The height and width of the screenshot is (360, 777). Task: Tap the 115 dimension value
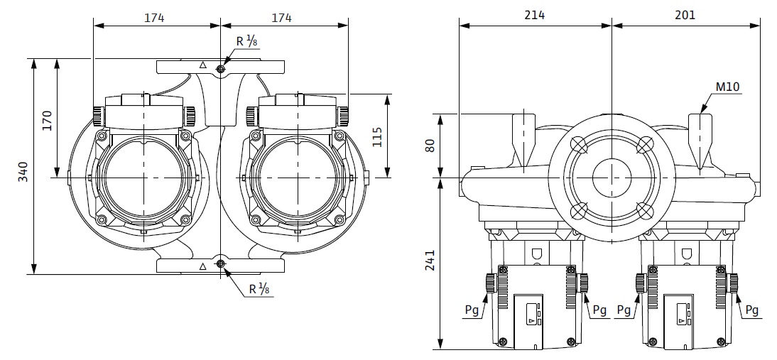pyautogui.click(x=378, y=136)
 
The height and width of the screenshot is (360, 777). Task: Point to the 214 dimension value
pyautogui.click(x=535, y=15)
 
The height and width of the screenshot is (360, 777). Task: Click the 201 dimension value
pyautogui.click(x=685, y=15)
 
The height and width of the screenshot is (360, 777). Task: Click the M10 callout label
pyautogui.click(x=727, y=87)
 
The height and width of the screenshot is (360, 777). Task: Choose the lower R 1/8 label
pyautogui.click(x=259, y=289)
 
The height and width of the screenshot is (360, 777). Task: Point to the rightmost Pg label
pyautogui.click(x=753, y=310)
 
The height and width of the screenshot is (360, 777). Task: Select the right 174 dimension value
pyautogui.click(x=282, y=18)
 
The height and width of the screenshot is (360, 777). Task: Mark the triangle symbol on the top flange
pyautogui.click(x=203, y=65)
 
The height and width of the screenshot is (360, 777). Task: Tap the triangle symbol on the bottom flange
pyautogui.click(x=203, y=266)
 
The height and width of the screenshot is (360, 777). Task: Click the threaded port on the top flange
pyautogui.click(x=221, y=68)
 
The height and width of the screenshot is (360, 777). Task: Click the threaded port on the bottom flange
pyautogui.click(x=221, y=264)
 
